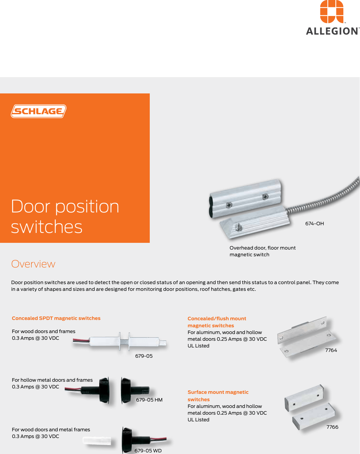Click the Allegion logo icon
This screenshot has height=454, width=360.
pos(332,12)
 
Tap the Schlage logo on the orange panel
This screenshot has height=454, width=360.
pos(39,111)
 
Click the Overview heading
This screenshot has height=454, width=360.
pos(33,264)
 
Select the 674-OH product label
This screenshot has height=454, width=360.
pos(314,224)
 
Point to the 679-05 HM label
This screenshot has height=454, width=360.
pos(149,400)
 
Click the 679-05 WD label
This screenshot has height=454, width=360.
pos(148,450)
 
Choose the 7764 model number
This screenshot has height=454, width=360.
pos(331,350)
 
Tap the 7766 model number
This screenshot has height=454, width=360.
pos(332,427)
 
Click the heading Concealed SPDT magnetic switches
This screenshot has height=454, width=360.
pos(56,318)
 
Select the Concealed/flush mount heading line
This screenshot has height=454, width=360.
pos(217,319)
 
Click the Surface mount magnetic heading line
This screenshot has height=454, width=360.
pos(218,392)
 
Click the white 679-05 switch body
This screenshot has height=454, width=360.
pos(141,342)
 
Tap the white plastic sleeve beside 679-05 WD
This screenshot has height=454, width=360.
pos(97,440)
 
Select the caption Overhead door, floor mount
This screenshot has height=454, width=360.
pos(262,248)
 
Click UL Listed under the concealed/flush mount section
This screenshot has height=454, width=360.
pos(198,346)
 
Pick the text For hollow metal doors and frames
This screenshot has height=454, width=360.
pos(52,380)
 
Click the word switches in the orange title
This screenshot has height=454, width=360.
pos(47,227)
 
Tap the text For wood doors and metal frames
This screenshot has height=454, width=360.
pos(51,430)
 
